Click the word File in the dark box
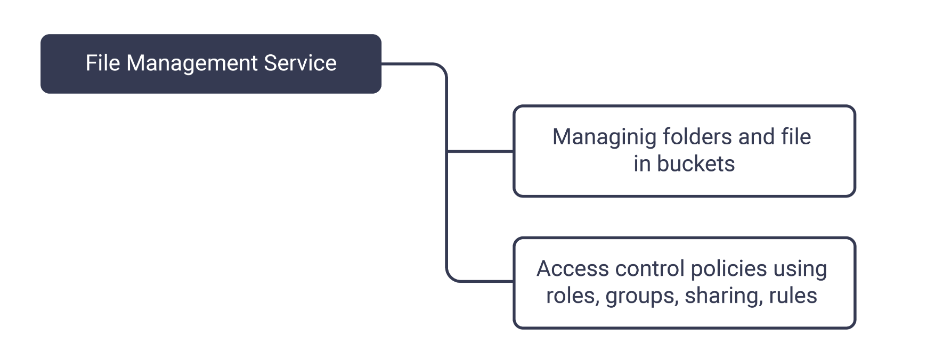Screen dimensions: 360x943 [103, 63]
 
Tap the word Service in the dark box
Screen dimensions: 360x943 [300, 63]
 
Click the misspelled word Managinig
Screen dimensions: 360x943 [604, 137]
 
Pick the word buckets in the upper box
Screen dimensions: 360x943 [696, 164]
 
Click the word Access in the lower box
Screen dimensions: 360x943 [572, 269]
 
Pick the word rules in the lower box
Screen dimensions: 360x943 [793, 296]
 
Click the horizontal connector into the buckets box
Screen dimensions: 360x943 [479, 151]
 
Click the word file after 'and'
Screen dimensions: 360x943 [796, 137]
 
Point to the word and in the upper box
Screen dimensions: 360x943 [756, 137]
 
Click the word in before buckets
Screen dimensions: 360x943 [642, 164]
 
